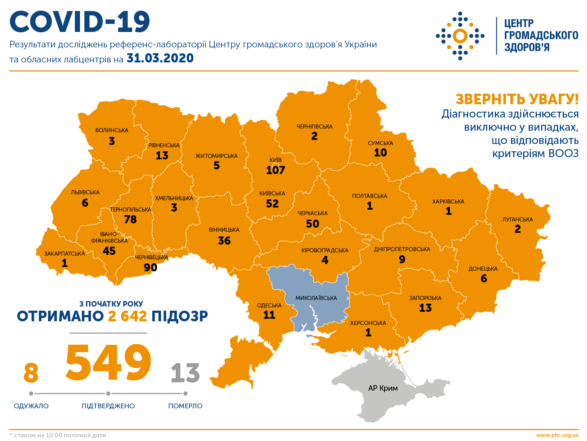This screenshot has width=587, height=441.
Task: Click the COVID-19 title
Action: tap(80, 22)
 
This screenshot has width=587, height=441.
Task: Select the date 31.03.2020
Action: tap(160, 58)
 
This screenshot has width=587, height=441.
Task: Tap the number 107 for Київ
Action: tap(276, 170)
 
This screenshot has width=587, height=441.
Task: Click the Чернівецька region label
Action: tap(152, 257)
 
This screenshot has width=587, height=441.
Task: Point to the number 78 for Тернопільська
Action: tap(130, 220)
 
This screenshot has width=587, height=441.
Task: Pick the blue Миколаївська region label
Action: tap(316, 298)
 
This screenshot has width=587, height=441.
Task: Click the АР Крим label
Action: tap(383, 388)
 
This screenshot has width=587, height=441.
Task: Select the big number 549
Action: tap(108, 363)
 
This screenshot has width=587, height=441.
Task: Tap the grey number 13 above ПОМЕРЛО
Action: tap(185, 373)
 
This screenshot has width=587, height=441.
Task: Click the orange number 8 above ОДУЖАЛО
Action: tap(31, 373)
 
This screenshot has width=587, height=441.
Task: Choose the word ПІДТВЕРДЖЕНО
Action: tap(108, 406)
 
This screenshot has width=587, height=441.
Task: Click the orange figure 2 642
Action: tap(127, 316)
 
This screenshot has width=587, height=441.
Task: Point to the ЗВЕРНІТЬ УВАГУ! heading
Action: tap(517, 100)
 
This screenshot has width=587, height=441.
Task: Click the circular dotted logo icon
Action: tap(460, 36)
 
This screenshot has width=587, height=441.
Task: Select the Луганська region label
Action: tap(517, 220)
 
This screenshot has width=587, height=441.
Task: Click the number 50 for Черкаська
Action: tap(313, 224)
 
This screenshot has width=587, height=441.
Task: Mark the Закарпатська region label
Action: tap(65, 254)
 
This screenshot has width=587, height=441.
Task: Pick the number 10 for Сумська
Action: tap(380, 153)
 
